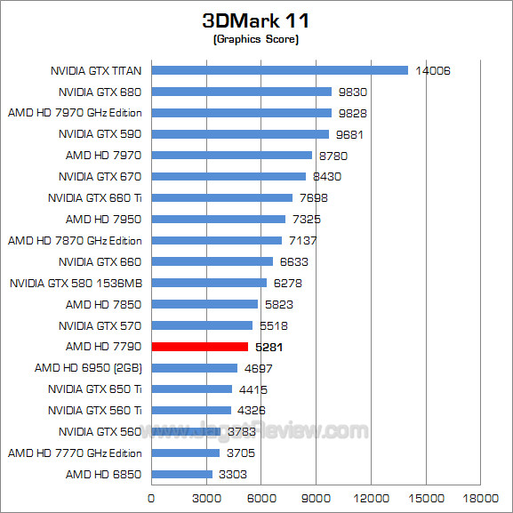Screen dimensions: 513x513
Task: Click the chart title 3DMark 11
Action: [x=256, y=20]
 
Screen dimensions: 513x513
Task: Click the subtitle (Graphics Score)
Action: [x=256, y=40]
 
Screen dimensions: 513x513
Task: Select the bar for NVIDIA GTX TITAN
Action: [x=279, y=70]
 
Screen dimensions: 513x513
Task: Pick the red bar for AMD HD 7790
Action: [x=199, y=347]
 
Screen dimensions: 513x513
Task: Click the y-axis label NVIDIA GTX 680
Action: [x=100, y=92]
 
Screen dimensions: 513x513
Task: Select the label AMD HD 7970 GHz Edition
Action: [x=75, y=113]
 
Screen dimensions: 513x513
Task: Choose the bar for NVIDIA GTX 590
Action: [x=240, y=134]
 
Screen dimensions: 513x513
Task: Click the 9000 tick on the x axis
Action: [x=316, y=498]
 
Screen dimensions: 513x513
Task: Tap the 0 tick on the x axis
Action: [x=151, y=498]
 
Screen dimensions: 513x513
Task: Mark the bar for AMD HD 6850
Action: [x=181, y=475]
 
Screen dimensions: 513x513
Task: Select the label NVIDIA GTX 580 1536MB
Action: [x=76, y=283]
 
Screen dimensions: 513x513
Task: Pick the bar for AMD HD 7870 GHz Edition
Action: [x=216, y=240]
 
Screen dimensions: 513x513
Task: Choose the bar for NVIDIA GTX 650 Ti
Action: [x=191, y=389]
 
